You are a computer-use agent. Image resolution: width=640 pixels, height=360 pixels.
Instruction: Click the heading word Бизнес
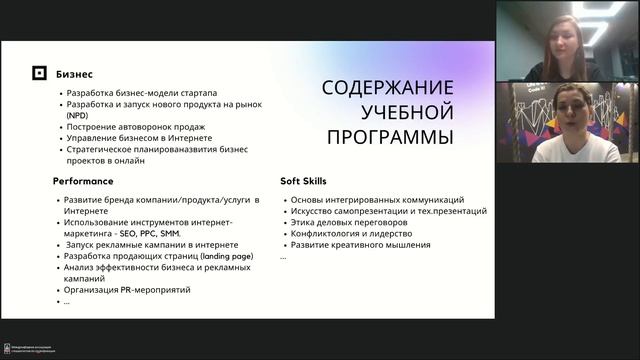[x=74, y=74]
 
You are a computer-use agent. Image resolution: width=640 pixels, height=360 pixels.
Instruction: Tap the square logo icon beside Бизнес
[x=39, y=74]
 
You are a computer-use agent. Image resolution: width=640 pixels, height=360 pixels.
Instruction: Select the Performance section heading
[x=83, y=181]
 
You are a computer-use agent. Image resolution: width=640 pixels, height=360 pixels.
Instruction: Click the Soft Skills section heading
[x=304, y=181]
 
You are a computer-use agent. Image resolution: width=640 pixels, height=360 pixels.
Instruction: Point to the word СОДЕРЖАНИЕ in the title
[x=388, y=88]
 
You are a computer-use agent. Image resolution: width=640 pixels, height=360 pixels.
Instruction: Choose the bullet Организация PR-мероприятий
[x=126, y=290]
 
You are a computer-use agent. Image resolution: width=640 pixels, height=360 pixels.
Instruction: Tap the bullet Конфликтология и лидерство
[x=352, y=233]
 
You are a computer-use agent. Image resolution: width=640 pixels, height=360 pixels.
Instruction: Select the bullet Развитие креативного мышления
[x=360, y=245]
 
